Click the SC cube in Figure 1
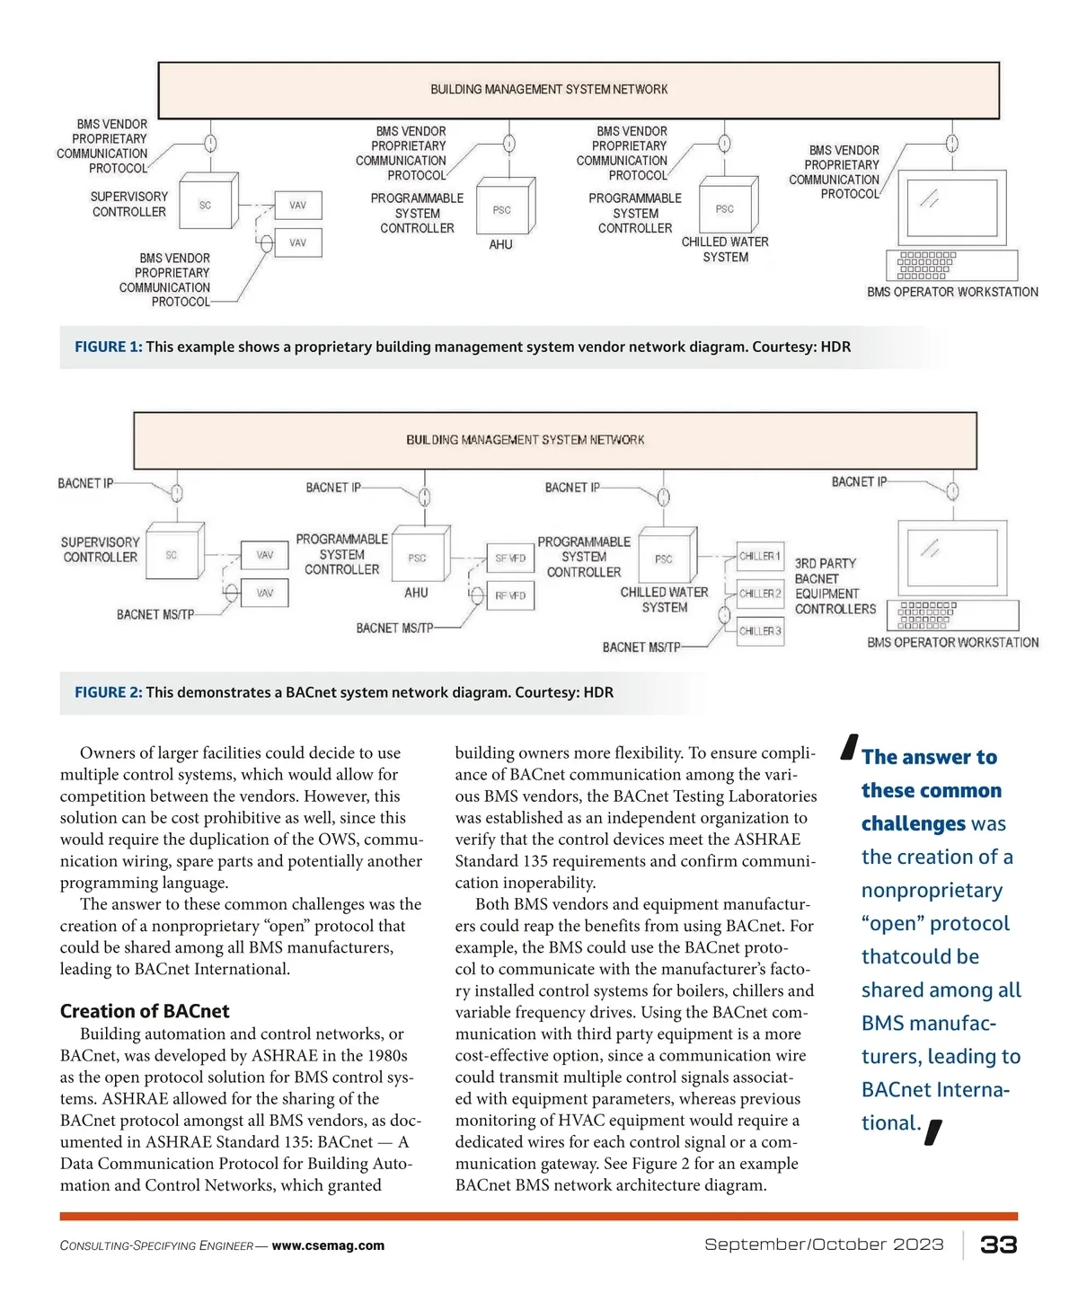click(x=206, y=206)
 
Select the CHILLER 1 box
click(x=760, y=556)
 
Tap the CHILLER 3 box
click(x=760, y=631)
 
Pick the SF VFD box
click(x=510, y=559)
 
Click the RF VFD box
click(x=510, y=595)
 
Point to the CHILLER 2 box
click(x=760, y=594)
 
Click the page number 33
click(x=998, y=1245)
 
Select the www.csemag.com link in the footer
click(x=328, y=1245)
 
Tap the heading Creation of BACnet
click(x=145, y=1011)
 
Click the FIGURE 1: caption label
click(x=108, y=347)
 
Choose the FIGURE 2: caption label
click(x=108, y=692)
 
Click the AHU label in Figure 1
click(x=500, y=244)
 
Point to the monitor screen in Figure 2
click(x=952, y=558)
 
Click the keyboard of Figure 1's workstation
click(x=952, y=265)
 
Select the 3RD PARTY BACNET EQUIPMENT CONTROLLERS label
click(x=835, y=586)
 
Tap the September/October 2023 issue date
click(x=824, y=1245)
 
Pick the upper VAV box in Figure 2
click(x=265, y=555)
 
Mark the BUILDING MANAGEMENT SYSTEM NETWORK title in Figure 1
click(x=549, y=90)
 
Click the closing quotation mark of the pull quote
click(x=933, y=1133)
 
